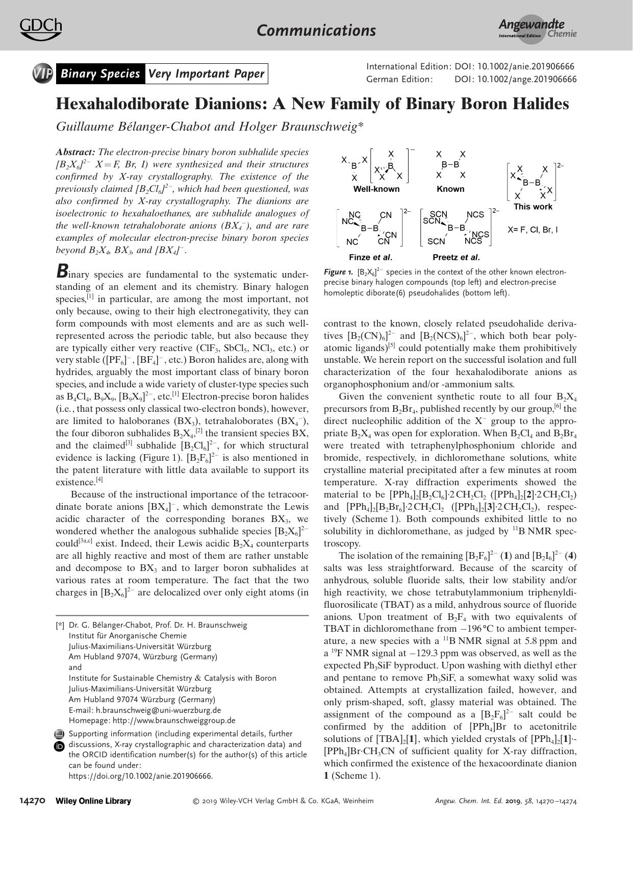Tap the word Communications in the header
pos(316,31)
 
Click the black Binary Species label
pos(100,74)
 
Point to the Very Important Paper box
pos(206,74)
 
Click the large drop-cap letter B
pos(62,271)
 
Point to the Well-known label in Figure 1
pos(376,189)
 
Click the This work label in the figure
pos(533,207)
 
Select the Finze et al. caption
pos(370,257)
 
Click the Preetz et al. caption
pos(456,257)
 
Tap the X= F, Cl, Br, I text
pos(533,230)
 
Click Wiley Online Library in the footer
pos(93,801)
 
